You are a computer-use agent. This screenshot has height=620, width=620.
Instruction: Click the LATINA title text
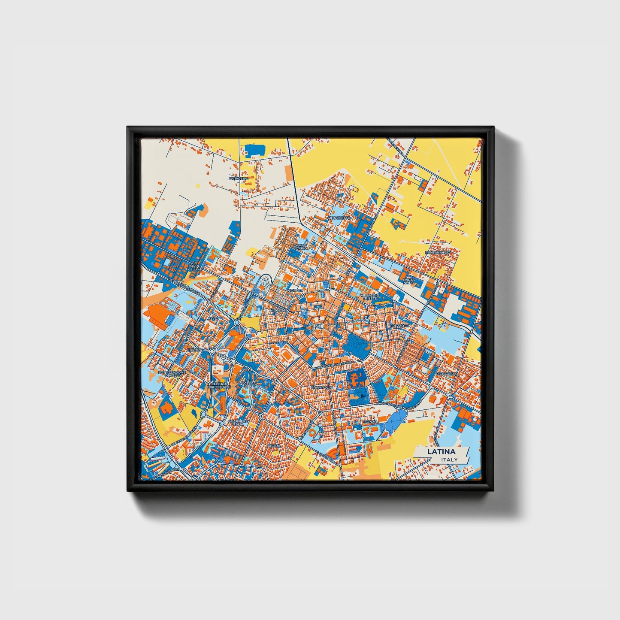point(441,452)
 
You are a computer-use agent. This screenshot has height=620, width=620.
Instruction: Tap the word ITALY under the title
point(449,460)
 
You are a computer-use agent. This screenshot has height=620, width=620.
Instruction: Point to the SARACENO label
point(238,178)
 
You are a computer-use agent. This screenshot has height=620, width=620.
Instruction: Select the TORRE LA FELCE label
point(194,267)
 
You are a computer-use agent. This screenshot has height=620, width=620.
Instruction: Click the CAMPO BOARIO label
point(300,247)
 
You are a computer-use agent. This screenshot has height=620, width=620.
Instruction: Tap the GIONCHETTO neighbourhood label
point(339,218)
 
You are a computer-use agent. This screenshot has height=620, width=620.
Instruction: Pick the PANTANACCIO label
point(438,253)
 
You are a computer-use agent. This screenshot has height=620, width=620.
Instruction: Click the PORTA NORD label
point(409,281)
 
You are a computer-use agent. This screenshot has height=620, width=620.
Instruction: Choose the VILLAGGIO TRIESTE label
point(370,296)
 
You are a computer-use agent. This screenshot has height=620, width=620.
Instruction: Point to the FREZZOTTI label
point(400,326)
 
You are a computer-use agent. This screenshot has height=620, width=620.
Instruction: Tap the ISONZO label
point(370,422)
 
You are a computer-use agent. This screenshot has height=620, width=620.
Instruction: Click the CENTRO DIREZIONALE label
point(219,385)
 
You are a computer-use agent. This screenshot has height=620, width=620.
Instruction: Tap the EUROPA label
point(195,350)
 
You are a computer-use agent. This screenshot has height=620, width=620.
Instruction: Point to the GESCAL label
point(250,383)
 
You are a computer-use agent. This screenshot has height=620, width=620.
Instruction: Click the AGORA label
point(274,446)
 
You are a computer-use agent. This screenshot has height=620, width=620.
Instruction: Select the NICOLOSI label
point(278,310)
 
